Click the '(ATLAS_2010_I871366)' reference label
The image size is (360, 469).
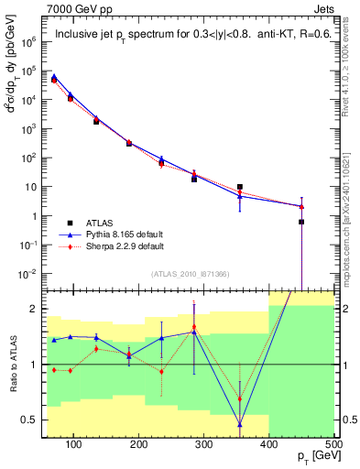point(190,275)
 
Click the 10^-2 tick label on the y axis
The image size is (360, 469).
point(28,275)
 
